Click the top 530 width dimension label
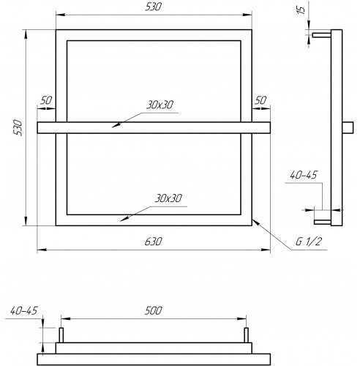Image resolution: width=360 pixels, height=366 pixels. point(153,7)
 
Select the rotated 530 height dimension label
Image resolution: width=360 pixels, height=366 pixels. point(18,127)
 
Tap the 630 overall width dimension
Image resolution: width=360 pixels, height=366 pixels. point(153,242)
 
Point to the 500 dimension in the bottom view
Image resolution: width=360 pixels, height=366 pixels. point(153,310)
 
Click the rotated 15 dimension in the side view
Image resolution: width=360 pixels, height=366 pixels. point(302,10)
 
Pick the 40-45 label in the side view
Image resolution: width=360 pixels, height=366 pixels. point(304,175)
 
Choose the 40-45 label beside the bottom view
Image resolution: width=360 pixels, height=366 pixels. point(23,310)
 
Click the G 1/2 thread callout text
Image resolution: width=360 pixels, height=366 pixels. point(309,242)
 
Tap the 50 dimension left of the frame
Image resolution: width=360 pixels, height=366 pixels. point(46,100)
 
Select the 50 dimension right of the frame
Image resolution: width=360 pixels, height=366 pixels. point(260,100)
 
